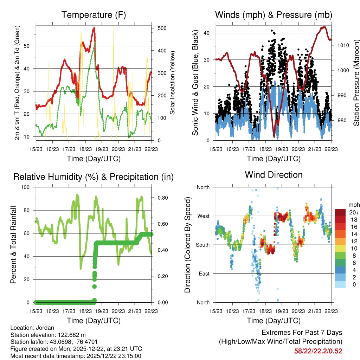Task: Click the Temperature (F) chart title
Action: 94,15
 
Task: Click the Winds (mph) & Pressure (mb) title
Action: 274,15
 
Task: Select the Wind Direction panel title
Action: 274,175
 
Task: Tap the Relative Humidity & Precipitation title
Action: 94,177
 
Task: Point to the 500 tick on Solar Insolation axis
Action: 161,28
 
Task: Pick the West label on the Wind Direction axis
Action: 203,216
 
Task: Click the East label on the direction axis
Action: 204,274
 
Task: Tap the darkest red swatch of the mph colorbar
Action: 340,212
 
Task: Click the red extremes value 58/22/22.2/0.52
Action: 318,351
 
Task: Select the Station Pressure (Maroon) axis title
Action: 356,83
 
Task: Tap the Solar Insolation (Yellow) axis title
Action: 173,83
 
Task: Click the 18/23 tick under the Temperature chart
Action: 85,149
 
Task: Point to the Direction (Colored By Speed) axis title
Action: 187,245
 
